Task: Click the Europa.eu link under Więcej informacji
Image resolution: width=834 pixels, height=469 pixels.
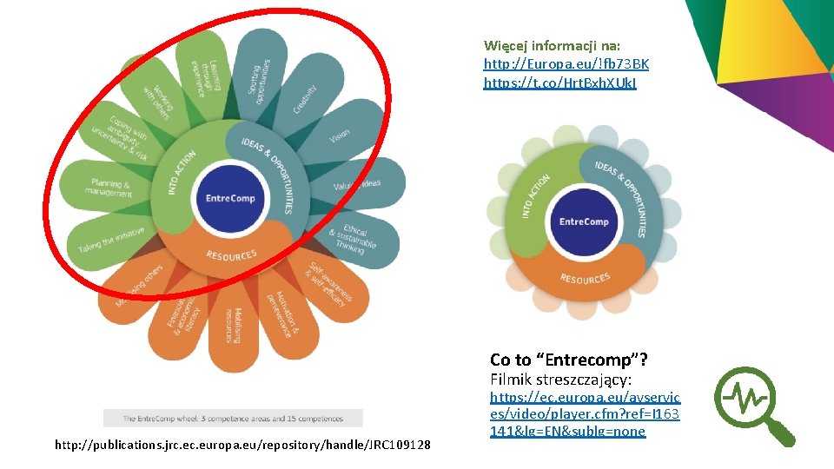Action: pos(566,64)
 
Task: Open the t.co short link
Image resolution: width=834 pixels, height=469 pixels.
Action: pos(559,83)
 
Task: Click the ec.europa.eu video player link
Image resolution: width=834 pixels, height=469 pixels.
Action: pos(584,413)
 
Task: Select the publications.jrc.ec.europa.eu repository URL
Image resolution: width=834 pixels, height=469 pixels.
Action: pos(242,446)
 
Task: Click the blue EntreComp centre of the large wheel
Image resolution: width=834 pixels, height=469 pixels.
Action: pos(230,199)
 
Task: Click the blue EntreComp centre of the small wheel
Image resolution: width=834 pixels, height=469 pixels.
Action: pos(584,221)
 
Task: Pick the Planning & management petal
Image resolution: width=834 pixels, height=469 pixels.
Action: pos(109,188)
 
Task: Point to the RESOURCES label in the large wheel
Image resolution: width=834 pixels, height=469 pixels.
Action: pos(231,255)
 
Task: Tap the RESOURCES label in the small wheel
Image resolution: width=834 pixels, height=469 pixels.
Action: pos(585,278)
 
